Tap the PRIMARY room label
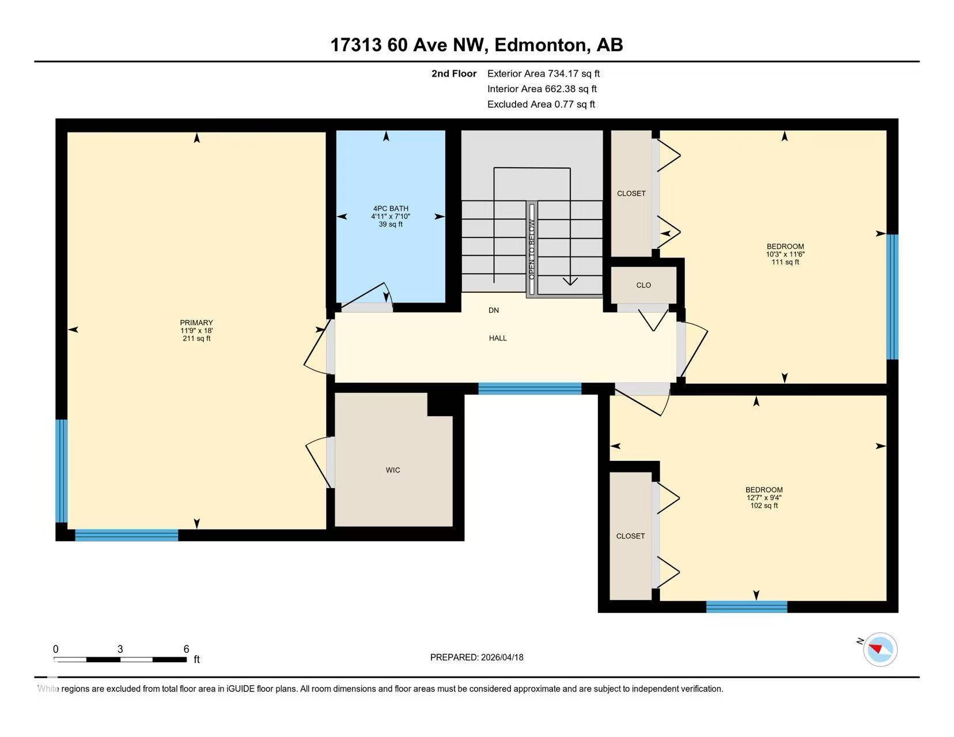[196, 323]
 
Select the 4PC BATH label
[391, 209]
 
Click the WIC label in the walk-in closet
[393, 470]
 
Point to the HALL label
[498, 338]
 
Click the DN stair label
[494, 311]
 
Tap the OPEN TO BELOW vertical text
[532, 249]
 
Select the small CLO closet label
[643, 285]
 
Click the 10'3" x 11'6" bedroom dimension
[785, 254]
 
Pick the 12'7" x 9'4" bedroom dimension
[764, 498]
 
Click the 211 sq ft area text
[196, 338]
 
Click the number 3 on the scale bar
[120, 649]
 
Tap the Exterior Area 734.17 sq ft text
[543, 74]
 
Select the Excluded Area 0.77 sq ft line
[541, 104]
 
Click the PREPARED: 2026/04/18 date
[477, 657]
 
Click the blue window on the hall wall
[529, 388]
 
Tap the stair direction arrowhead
[570, 281]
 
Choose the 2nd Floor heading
[453, 74]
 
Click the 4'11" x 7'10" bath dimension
[391, 217]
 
